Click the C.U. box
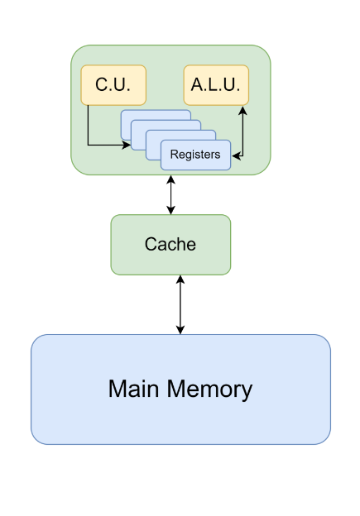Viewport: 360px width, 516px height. pos(113,85)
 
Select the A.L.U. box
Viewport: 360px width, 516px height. pos(216,85)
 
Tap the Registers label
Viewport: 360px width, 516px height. pos(195,155)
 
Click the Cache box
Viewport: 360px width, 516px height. pos(170,245)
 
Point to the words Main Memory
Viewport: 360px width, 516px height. pos(180,389)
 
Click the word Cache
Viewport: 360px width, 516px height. pos(170,244)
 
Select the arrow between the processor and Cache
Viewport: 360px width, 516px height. pos(170,195)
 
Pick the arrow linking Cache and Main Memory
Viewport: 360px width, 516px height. pos(180,305)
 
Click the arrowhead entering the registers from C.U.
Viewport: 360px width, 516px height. pos(127,145)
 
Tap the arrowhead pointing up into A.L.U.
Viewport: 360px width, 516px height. pos(242,110)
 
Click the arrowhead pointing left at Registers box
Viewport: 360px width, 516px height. pos(236,156)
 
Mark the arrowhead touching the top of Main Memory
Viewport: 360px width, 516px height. pos(180,330)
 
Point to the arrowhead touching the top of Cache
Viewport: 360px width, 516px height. pos(170,210)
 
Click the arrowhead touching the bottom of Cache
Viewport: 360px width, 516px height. pos(180,279)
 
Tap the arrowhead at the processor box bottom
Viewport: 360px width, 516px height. pos(170,179)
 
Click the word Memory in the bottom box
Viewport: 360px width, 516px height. pos(209,390)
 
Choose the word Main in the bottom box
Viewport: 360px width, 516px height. pos(134,389)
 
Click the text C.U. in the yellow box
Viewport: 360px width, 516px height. pos(113,84)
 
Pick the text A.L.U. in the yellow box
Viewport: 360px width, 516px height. pos(216,84)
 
